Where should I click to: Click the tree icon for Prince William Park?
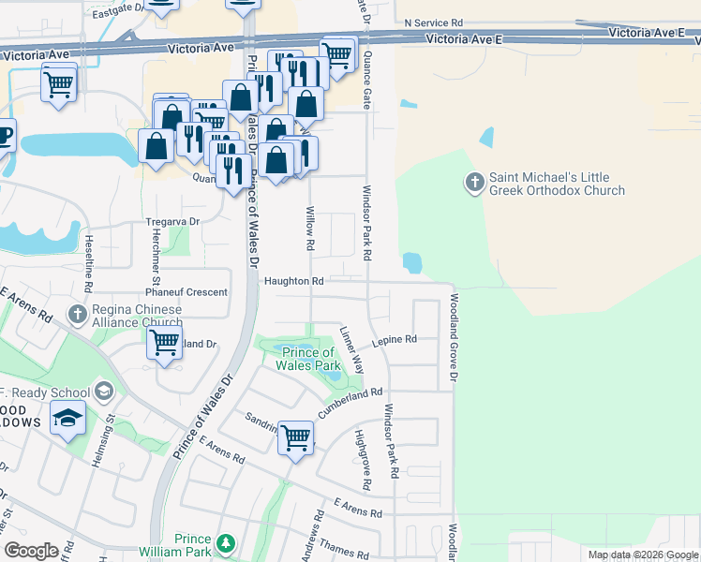tap(225, 543)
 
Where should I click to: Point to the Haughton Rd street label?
tap(293, 281)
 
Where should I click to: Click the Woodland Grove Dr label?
tap(452, 339)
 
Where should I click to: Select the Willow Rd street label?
tap(308, 229)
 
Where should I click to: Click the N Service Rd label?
tap(433, 21)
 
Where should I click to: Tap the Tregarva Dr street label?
tap(173, 221)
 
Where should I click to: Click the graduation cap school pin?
tap(67, 419)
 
